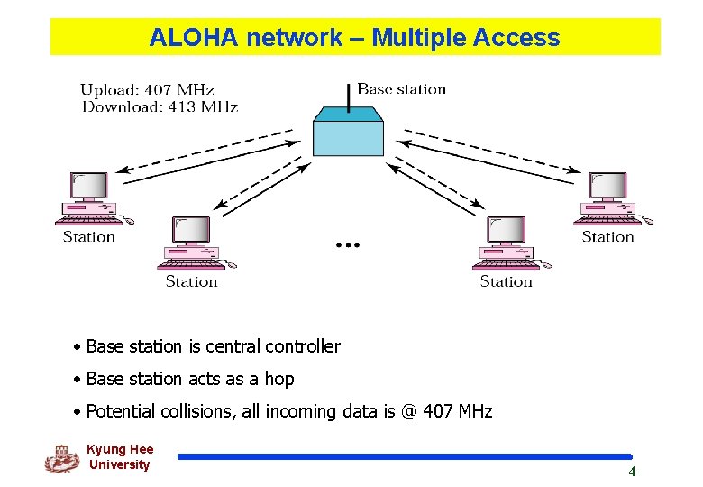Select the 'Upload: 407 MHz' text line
(148, 89)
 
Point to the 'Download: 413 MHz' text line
(160, 106)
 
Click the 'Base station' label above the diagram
(402, 88)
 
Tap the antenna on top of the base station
(349, 96)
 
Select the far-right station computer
(612, 199)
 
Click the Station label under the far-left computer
(89, 237)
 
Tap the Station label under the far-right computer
(608, 237)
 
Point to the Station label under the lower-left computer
(192, 281)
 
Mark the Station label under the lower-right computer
(507, 281)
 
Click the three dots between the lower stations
(348, 245)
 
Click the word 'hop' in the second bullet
(279, 379)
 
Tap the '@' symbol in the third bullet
(410, 411)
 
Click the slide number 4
(632, 472)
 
